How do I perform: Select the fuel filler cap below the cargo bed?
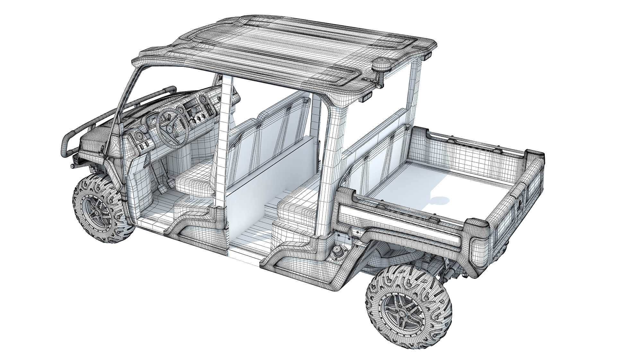[x=338, y=252]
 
